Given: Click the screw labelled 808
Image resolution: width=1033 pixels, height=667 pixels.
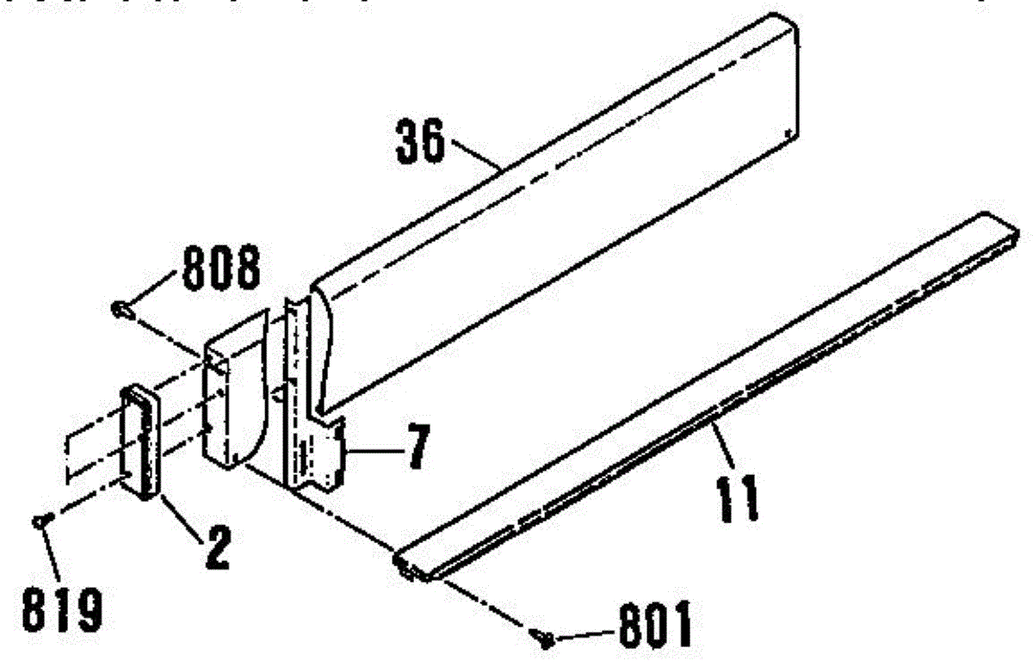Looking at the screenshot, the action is tap(121, 307).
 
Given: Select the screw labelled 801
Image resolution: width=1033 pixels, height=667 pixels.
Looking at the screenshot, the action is tap(542, 639).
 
